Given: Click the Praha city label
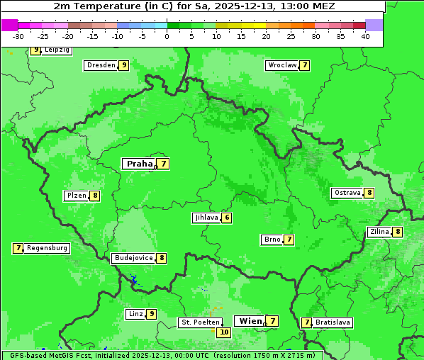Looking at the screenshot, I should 139,164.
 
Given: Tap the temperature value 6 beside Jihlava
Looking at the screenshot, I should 227,218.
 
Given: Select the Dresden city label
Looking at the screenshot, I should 101,65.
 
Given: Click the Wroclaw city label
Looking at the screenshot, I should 282,65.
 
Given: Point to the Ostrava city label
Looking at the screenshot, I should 347,193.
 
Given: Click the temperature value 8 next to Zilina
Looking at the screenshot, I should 398,232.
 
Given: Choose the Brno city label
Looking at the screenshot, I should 272,240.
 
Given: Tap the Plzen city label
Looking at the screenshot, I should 77,196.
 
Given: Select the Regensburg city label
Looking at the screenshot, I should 48,248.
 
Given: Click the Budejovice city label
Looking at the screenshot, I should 133,258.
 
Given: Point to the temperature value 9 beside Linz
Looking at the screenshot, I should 152,314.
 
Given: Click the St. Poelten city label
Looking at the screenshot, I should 200,322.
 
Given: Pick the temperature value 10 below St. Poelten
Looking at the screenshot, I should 224,332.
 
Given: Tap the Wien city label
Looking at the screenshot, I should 250,321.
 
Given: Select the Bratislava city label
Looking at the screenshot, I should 333,322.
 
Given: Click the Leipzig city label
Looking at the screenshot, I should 56,50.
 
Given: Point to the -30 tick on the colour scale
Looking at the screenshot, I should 18,36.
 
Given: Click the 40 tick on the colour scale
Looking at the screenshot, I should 365,36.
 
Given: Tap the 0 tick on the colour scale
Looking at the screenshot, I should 167,36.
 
